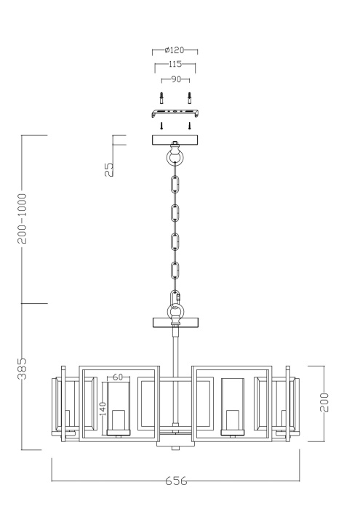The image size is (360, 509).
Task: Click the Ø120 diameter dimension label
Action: coord(175,50)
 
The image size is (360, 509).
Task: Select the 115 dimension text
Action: coord(175,65)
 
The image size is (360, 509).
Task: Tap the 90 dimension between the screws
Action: coord(175,79)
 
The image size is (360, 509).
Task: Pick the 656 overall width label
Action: coord(175,481)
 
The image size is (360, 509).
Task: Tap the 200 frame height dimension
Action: coord(324,402)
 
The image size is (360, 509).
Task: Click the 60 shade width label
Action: coord(117,377)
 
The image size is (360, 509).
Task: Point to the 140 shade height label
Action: coord(103,409)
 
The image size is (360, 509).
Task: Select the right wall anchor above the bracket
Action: coord(189,97)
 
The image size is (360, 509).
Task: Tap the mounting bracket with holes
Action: coord(175,113)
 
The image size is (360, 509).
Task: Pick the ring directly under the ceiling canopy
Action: coord(175,158)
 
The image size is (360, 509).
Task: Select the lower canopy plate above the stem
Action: coord(175,322)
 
